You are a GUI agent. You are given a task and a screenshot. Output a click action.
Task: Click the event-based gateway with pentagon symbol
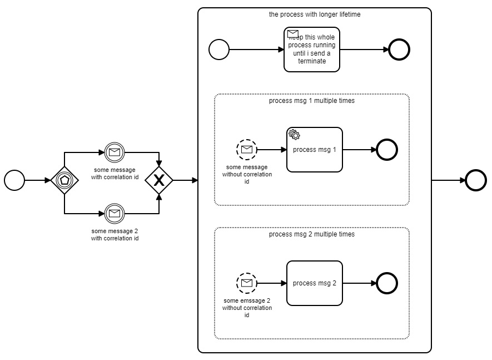pyautogui.click(x=64, y=180)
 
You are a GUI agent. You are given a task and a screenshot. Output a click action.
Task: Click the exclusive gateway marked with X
pyautogui.click(x=159, y=180)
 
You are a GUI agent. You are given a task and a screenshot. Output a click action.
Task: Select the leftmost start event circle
pyautogui.click(x=14, y=180)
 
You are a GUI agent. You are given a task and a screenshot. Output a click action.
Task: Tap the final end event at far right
pyautogui.click(x=476, y=180)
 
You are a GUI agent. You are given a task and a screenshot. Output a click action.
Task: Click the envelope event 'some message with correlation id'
pyautogui.click(x=115, y=151)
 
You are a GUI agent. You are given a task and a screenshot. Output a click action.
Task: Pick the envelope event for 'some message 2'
pyautogui.click(x=115, y=213)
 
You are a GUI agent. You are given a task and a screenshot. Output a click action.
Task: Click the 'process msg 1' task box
pyautogui.click(x=314, y=150)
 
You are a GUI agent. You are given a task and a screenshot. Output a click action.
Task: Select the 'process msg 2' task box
pyautogui.click(x=314, y=283)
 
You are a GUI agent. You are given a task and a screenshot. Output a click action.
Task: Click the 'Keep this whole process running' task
pyautogui.click(x=311, y=50)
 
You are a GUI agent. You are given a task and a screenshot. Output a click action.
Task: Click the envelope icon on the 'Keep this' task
pyautogui.click(x=293, y=34)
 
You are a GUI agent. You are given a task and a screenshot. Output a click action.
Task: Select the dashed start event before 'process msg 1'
pyautogui.click(x=247, y=149)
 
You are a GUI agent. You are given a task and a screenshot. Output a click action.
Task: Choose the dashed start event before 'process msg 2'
pyautogui.click(x=247, y=283)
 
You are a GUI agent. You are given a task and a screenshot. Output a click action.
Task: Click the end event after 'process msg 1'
pyautogui.click(x=387, y=150)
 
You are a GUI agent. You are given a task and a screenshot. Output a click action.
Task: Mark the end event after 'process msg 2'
pyautogui.click(x=387, y=283)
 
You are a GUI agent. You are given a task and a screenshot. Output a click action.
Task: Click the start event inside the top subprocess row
pyautogui.click(x=219, y=50)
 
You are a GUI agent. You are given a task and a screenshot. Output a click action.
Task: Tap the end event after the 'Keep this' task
pyautogui.click(x=399, y=50)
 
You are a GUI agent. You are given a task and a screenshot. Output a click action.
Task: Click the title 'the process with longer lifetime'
pyautogui.click(x=314, y=14)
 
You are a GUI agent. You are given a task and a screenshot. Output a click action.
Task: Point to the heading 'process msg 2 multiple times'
pyautogui.click(x=311, y=234)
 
